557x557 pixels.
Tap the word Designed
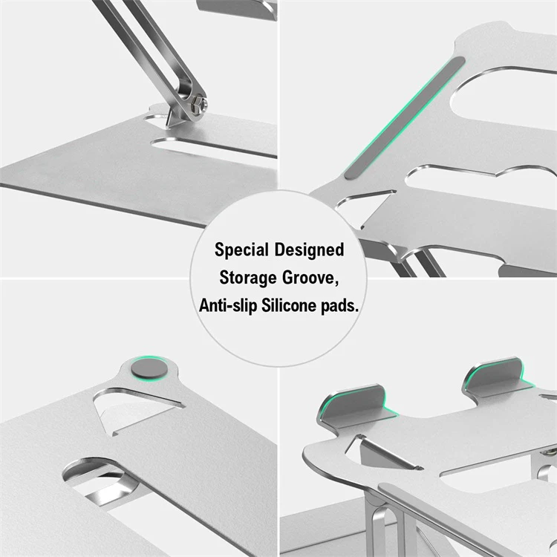click(x=313, y=250)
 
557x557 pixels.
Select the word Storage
click(x=250, y=277)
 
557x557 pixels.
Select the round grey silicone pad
click(x=143, y=369)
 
